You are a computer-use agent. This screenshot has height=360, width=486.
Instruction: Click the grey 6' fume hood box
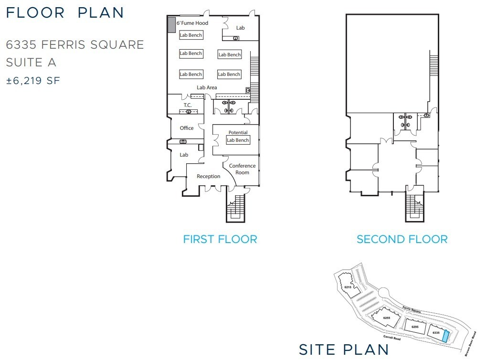coord(171,24)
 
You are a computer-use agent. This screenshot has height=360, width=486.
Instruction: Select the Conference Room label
coord(243,169)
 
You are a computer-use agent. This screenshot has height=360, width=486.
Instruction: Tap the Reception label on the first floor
coord(208,176)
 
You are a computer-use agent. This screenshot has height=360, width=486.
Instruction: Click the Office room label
coord(187,128)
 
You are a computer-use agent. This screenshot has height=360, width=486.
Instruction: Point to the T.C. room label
coord(188,105)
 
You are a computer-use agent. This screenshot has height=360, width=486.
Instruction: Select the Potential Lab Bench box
coord(238,140)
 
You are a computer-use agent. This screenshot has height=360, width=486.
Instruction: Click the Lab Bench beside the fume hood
coord(191,35)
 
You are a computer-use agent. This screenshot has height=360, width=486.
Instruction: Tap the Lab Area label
coord(207,87)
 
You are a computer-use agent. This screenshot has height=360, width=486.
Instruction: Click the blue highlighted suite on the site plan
coord(446,336)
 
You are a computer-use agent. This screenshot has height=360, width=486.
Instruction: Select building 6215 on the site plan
coord(349,285)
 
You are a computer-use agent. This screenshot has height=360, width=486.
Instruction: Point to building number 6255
coord(387,318)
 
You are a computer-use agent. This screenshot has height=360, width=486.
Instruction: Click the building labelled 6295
coord(415,327)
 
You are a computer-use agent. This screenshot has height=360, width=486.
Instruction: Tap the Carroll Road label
coord(392,338)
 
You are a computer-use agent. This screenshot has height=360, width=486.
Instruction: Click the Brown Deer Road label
coord(470,344)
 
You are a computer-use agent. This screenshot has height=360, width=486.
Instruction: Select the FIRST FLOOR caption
coord(220,239)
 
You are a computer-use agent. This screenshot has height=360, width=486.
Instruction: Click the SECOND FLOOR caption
coord(402,239)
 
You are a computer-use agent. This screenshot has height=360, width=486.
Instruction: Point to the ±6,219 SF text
coord(33,81)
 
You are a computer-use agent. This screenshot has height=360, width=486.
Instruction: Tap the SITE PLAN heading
coord(344,349)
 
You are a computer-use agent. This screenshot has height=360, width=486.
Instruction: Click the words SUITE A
coord(31,63)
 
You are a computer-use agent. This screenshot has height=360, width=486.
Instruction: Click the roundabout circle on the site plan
coord(383,292)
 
